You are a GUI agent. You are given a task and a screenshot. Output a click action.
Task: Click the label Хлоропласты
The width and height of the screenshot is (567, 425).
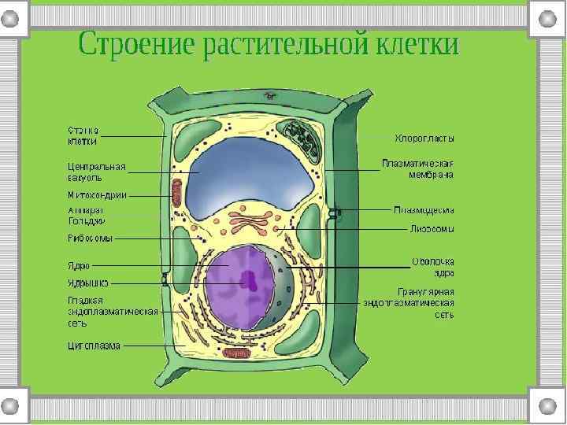[x=424, y=139]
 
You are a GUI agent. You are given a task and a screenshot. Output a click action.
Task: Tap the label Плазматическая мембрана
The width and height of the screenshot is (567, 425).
[x=418, y=169]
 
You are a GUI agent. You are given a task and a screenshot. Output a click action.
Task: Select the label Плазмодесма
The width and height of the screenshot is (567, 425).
[x=424, y=210]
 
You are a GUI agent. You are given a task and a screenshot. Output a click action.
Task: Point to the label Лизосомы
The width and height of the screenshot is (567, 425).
[x=432, y=229]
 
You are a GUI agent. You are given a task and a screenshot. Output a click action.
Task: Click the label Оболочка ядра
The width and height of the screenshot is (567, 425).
[x=433, y=267]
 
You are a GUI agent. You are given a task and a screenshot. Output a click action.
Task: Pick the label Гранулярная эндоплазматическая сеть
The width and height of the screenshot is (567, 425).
[x=409, y=302]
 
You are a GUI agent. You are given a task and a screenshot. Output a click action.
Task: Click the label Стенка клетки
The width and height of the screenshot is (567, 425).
[x=82, y=136]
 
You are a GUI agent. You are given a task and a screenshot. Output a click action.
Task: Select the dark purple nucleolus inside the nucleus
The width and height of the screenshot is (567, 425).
[x=250, y=279]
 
